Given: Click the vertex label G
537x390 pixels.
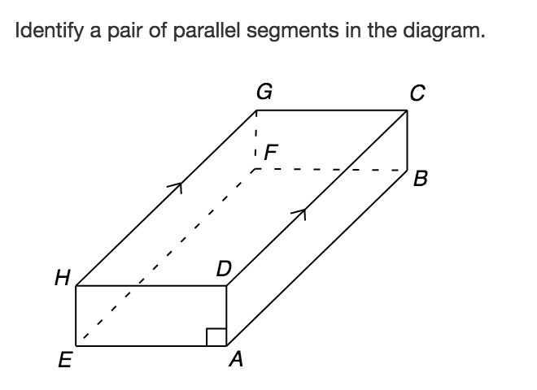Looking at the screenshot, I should point(264,92).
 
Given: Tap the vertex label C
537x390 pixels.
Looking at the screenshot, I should point(417,94).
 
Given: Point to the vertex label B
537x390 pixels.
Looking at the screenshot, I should point(420,179).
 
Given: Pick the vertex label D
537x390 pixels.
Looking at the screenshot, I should point(223,269).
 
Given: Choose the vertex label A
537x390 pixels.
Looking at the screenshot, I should point(236,360).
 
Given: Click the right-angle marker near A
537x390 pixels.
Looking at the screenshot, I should point(216,336).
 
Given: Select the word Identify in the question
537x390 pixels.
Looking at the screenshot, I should point(45,32).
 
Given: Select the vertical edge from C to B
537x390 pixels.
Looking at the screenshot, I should point(407,140).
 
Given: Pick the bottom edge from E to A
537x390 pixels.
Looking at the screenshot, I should point(151,345).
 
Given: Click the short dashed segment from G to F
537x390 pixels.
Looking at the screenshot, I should point(255,138).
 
